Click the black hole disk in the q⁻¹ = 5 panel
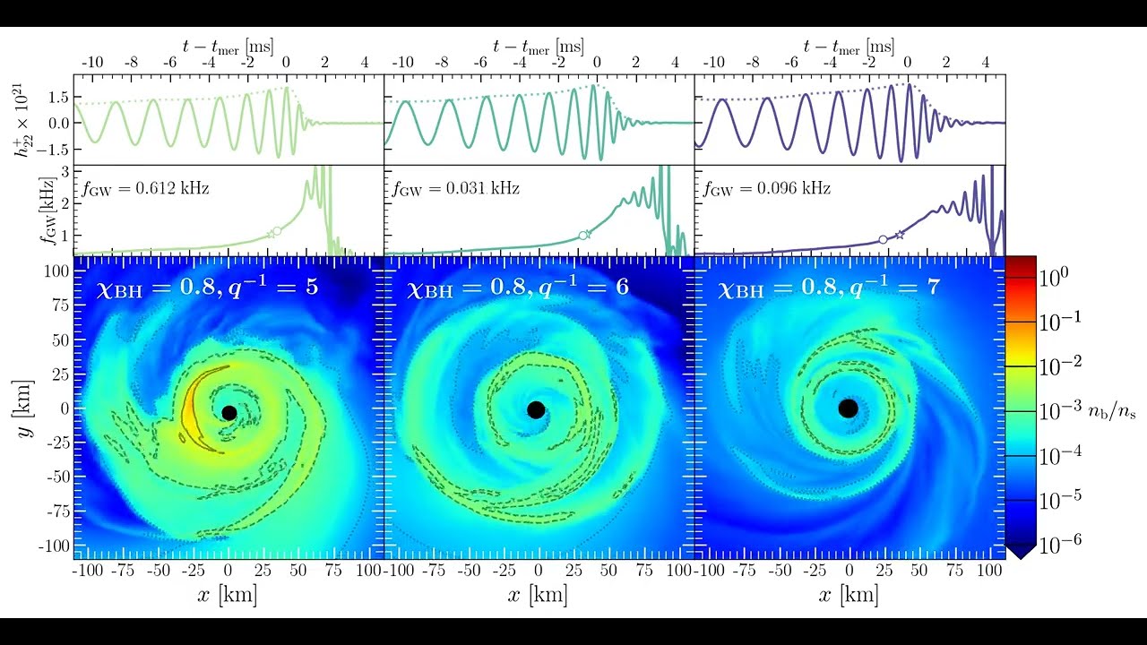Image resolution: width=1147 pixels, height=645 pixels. pyautogui.click(x=229, y=412)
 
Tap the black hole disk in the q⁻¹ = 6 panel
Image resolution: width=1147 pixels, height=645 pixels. pyautogui.click(x=536, y=409)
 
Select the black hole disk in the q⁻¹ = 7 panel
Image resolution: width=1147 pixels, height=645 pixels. pyautogui.click(x=848, y=408)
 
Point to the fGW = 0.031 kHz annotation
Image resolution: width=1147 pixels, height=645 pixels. pyautogui.click(x=456, y=189)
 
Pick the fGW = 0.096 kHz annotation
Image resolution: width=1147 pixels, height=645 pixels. pyautogui.click(x=767, y=189)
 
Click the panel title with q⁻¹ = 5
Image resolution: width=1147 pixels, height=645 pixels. pyautogui.click(x=207, y=288)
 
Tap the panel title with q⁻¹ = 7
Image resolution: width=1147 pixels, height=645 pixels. pyautogui.click(x=829, y=288)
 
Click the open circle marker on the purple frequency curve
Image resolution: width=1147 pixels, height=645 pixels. pyautogui.click(x=883, y=239)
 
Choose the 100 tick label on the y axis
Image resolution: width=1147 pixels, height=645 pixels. pyautogui.click(x=57, y=270)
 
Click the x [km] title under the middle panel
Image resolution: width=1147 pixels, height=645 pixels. pyautogui.click(x=538, y=596)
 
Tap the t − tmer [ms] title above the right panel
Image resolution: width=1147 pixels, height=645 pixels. pyautogui.click(x=849, y=46)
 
